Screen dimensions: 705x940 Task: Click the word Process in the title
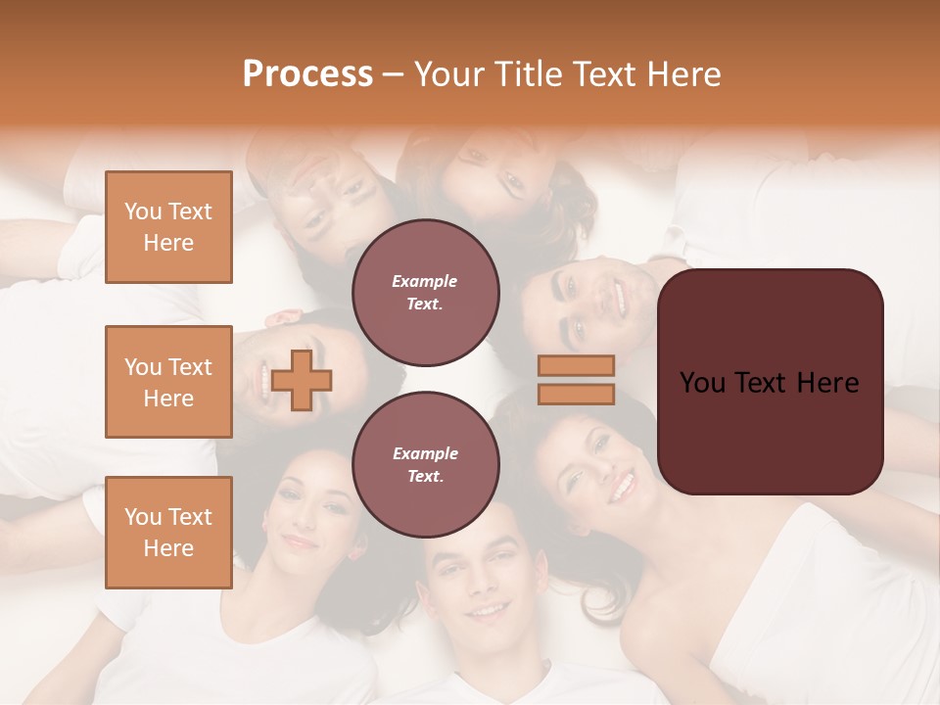point(307,74)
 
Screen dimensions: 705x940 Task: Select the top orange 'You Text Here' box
point(168,227)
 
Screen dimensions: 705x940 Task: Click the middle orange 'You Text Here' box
point(168,382)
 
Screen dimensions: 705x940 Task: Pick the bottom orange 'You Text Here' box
point(168,533)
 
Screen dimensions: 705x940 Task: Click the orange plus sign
point(302,380)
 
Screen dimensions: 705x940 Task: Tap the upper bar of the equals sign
point(576,365)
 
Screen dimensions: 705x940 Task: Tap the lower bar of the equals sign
point(576,394)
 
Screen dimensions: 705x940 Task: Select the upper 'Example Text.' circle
point(426,293)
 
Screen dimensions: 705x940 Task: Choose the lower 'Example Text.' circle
point(426,465)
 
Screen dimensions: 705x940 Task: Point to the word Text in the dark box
point(770,383)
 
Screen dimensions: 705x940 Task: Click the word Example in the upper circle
point(425,281)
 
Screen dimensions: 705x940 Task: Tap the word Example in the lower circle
point(425,453)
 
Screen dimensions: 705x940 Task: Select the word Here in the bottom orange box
point(168,548)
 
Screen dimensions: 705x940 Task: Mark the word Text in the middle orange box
point(190,367)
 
